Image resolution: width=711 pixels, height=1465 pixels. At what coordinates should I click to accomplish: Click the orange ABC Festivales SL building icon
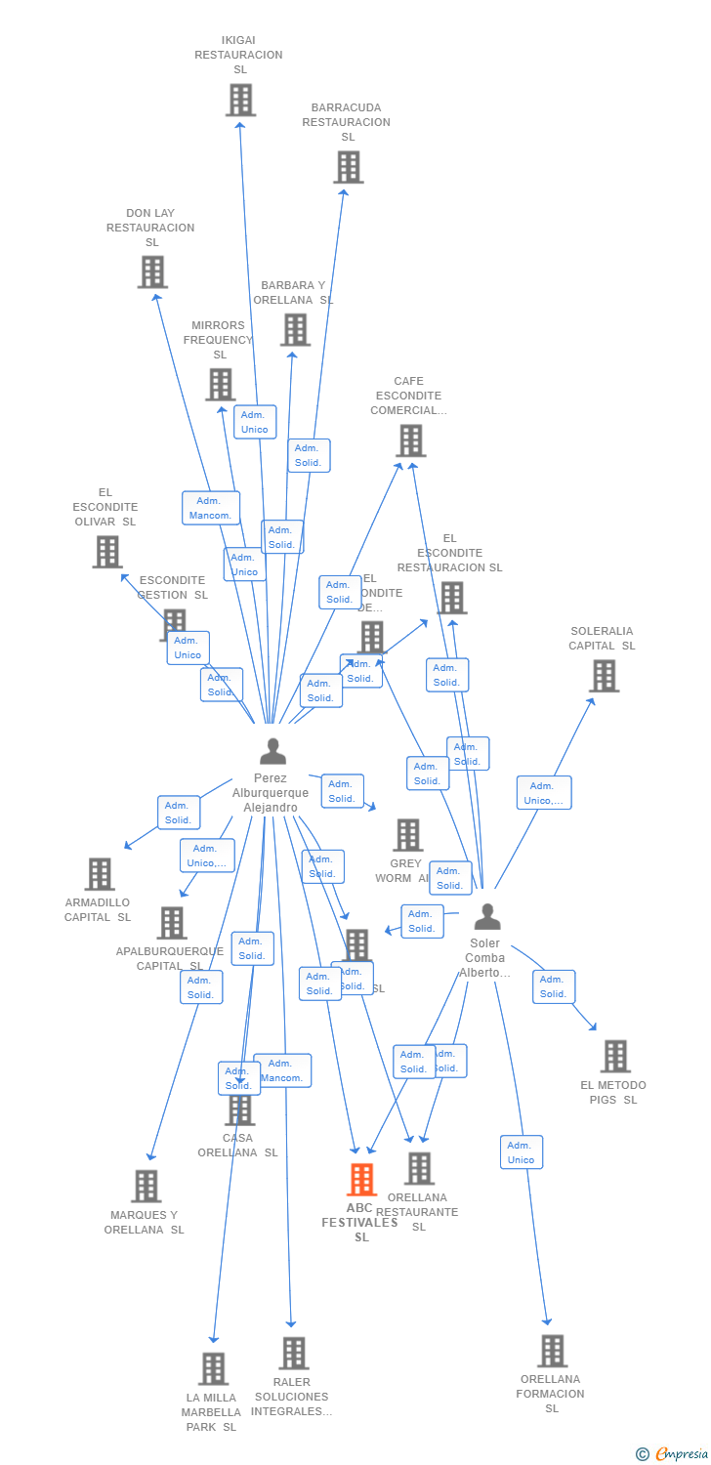point(362,1180)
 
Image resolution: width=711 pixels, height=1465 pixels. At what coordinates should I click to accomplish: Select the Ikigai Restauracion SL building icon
point(240,100)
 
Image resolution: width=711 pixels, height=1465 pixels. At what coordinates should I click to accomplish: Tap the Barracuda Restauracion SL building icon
point(349,167)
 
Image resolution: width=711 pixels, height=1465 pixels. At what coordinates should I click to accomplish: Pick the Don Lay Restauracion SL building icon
point(152,272)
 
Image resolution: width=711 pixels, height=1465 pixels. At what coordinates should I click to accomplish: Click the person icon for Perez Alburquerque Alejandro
point(273,751)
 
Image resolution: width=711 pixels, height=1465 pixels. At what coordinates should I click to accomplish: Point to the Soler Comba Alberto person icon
point(486,917)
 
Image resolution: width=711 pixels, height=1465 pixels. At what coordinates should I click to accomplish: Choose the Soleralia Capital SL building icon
point(604,676)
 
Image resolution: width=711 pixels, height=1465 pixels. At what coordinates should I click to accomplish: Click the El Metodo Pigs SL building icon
point(615,1057)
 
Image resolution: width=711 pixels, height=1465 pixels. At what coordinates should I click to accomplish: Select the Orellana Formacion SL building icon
point(552,1351)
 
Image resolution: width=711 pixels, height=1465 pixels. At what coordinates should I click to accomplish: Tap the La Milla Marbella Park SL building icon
point(213,1369)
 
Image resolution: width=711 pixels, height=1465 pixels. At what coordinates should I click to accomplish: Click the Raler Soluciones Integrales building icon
point(294,1354)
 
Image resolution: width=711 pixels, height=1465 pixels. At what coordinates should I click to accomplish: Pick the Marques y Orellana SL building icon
point(146,1187)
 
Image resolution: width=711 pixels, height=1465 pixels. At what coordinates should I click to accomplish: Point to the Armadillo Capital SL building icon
point(100,874)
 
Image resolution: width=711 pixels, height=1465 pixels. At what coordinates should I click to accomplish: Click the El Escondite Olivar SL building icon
point(106,552)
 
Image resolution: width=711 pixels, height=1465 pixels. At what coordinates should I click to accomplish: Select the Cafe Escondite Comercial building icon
point(410,440)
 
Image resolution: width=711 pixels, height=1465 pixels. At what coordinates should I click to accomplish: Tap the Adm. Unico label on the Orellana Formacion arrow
point(521,1152)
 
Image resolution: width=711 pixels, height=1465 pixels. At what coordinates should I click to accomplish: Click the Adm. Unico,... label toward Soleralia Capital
point(543,793)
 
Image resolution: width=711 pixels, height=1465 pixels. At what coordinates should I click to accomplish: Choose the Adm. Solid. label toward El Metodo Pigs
point(553,986)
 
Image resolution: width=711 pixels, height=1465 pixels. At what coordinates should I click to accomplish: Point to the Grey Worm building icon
point(407,835)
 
